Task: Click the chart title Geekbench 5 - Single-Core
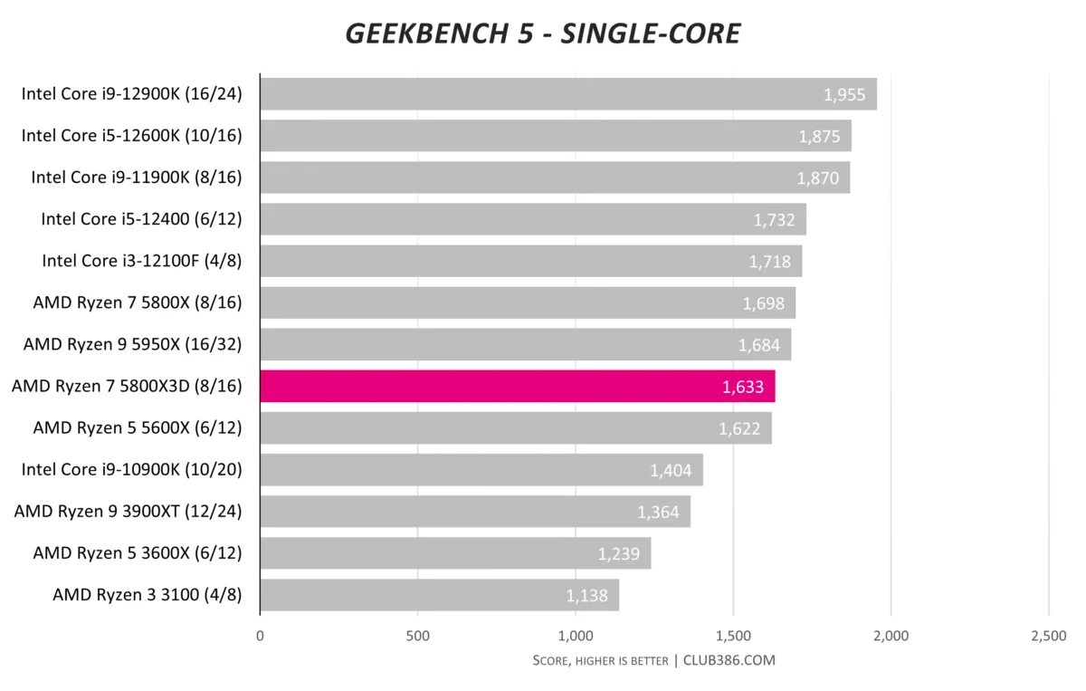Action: click(543, 34)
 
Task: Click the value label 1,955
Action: click(844, 94)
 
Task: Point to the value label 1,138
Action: click(587, 596)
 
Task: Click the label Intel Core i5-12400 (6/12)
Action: click(141, 218)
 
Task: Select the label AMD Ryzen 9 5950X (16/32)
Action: click(133, 344)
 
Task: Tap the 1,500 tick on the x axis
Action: click(733, 636)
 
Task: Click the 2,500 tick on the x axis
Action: click(1048, 636)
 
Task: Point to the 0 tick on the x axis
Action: click(260, 636)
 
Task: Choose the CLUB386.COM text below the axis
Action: click(729, 660)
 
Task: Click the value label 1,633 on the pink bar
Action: click(743, 387)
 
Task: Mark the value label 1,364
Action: click(659, 512)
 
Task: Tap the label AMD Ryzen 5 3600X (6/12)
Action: click(138, 552)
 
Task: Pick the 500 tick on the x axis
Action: click(418, 636)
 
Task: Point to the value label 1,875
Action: click(819, 137)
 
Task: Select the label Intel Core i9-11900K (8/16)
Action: click(137, 177)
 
